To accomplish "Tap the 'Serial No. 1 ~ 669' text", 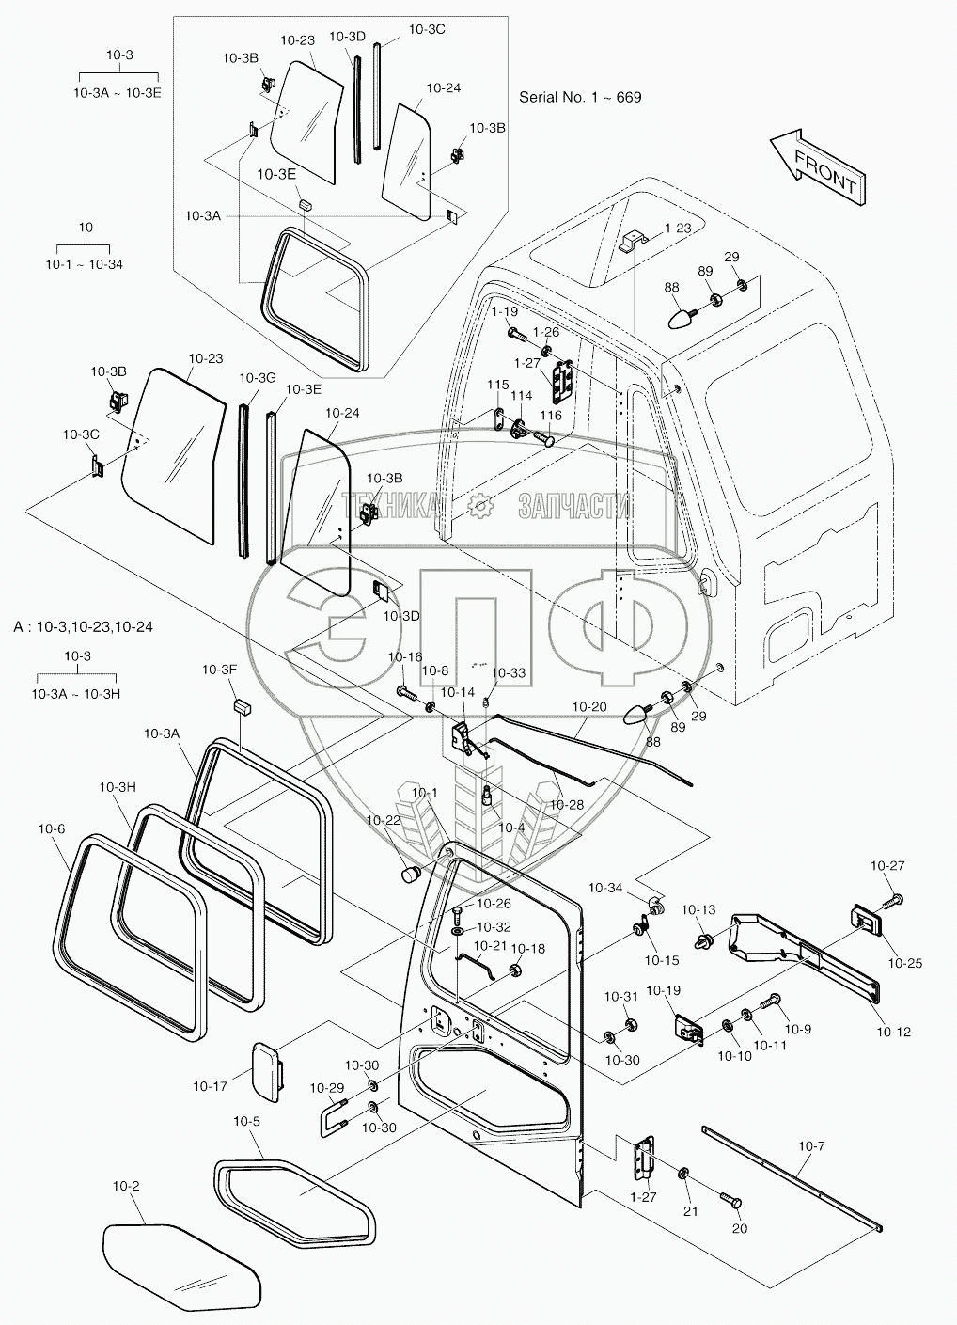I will pyautogui.click(x=580, y=96).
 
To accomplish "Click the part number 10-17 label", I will pyautogui.click(x=211, y=1086).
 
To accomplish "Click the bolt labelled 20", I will pyautogui.click(x=730, y=1202).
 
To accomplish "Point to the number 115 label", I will pyautogui.click(x=497, y=385).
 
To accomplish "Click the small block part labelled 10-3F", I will pyautogui.click(x=243, y=702).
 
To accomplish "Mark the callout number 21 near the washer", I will pyautogui.click(x=690, y=1211).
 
